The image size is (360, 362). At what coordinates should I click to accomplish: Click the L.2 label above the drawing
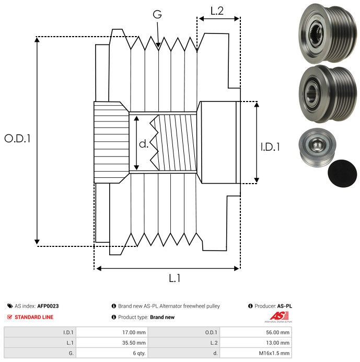click(x=217, y=10)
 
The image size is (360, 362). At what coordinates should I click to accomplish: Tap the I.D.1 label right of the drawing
click(x=270, y=147)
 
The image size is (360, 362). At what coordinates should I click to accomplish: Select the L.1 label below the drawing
click(x=175, y=279)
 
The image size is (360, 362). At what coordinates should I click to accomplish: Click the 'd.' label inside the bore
click(x=144, y=143)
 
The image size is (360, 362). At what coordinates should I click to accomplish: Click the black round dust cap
click(x=342, y=173)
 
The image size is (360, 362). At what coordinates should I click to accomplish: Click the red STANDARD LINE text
click(x=34, y=317)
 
